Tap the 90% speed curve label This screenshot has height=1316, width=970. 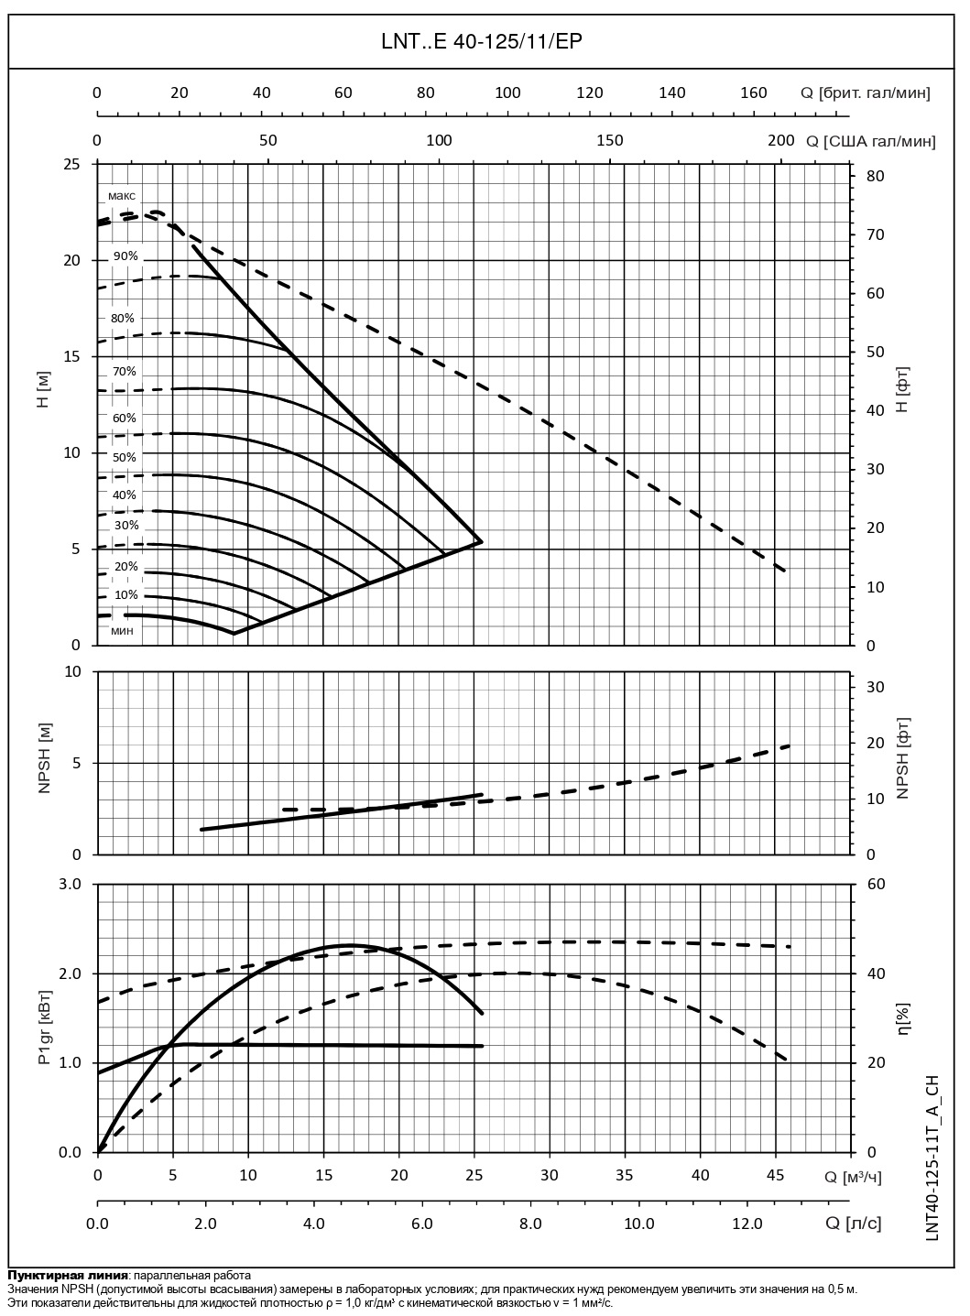[x=125, y=256]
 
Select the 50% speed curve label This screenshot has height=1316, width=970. [x=125, y=457]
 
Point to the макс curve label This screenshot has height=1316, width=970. [x=121, y=196]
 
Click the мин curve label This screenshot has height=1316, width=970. [x=123, y=630]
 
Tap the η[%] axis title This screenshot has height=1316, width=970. [x=903, y=1017]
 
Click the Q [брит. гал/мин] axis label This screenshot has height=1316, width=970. [x=866, y=92]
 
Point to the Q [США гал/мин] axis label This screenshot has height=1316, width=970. [x=871, y=140]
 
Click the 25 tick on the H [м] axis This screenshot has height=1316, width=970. [x=71, y=164]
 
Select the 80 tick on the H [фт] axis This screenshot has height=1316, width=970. [x=874, y=176]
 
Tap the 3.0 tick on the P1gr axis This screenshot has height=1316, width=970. [x=71, y=884]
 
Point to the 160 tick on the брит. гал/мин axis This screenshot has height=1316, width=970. [x=753, y=92]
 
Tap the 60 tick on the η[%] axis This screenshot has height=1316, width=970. [x=874, y=884]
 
